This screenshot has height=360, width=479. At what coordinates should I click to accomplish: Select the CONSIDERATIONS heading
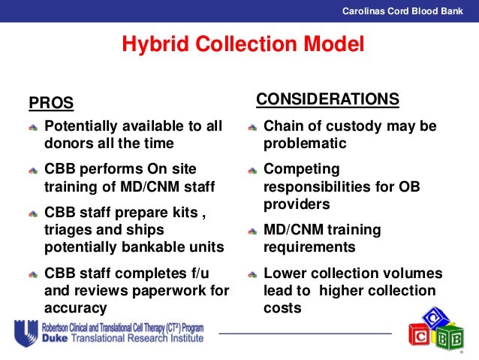pos(327,100)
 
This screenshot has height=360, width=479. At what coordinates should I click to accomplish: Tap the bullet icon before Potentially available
pos(32,127)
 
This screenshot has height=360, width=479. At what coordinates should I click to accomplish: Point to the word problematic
pos(305,143)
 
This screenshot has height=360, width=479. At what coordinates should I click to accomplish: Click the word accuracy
pos(76,307)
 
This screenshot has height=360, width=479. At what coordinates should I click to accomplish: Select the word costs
pos(282,307)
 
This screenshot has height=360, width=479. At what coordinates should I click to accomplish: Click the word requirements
pos(309,247)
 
